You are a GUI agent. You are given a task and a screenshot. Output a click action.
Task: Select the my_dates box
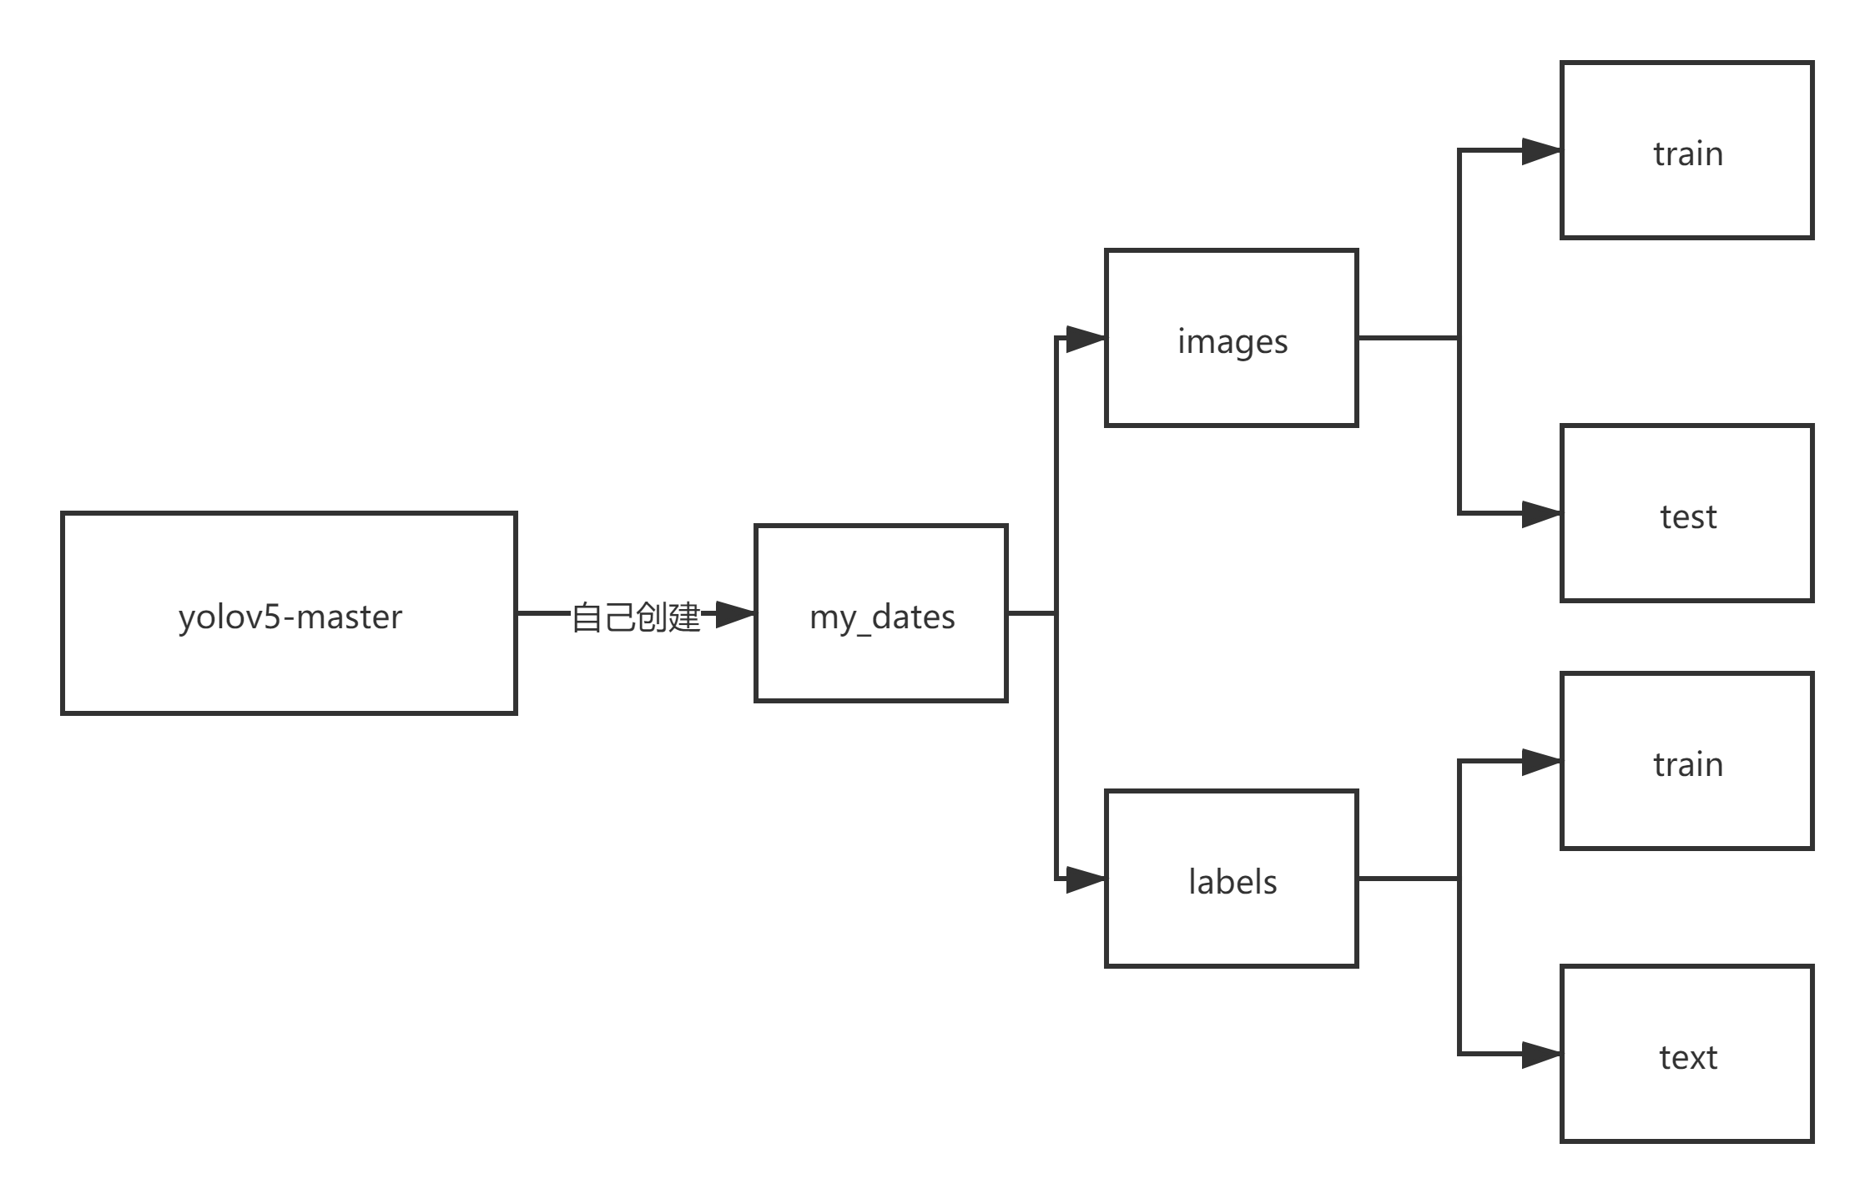pos(881,659)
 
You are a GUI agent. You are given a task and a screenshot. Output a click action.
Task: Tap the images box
pos(1232,384)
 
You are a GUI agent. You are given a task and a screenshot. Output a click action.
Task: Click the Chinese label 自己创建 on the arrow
pos(636,616)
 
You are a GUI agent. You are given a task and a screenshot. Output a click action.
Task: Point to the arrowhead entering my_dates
pos(734,614)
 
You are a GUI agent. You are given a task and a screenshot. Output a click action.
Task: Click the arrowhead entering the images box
pos(1085,339)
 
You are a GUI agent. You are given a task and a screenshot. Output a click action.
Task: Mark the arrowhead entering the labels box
pos(1085,879)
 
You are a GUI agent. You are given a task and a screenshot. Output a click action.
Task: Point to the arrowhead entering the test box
pos(1540,514)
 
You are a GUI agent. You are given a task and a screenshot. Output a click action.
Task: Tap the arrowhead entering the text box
pos(1540,1055)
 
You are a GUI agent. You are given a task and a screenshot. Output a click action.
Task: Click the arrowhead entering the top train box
pos(1540,151)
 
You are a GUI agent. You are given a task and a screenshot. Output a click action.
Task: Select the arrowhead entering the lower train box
pos(1540,762)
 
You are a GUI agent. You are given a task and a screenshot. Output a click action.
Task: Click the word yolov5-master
pos(290,617)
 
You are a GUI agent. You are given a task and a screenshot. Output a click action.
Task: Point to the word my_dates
pos(881,617)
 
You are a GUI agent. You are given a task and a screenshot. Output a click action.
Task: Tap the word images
pos(1232,342)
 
